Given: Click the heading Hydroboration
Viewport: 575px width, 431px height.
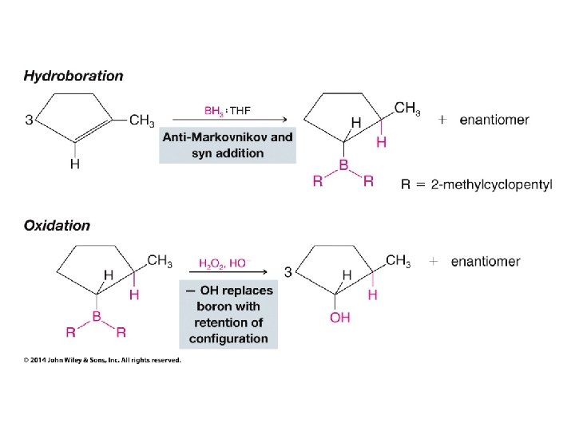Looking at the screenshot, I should coord(73,77).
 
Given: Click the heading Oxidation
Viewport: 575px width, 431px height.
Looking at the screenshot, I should coord(57,225).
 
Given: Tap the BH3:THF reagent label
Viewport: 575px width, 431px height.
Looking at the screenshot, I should coord(227,111).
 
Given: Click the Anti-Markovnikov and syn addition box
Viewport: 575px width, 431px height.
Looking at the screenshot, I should coord(228,144).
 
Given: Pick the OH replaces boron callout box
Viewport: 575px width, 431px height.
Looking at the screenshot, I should coord(229,314).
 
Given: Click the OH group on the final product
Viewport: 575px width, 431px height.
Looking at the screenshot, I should coord(339,318).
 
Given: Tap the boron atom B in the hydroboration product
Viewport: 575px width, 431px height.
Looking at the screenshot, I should coord(343,164).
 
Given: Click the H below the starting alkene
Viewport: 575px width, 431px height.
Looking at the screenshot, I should coord(75,165).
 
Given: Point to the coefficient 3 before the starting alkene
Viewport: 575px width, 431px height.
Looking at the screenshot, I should coord(29,121).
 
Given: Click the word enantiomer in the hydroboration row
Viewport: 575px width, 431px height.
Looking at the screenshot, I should coord(494,120).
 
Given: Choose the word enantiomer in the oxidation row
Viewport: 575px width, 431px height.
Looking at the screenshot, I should coord(486,261).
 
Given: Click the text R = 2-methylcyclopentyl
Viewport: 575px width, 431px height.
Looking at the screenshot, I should coord(476,184).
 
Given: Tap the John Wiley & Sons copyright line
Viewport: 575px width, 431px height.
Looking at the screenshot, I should coord(102,360).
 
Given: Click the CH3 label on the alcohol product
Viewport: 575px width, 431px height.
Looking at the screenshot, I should coord(398,260).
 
